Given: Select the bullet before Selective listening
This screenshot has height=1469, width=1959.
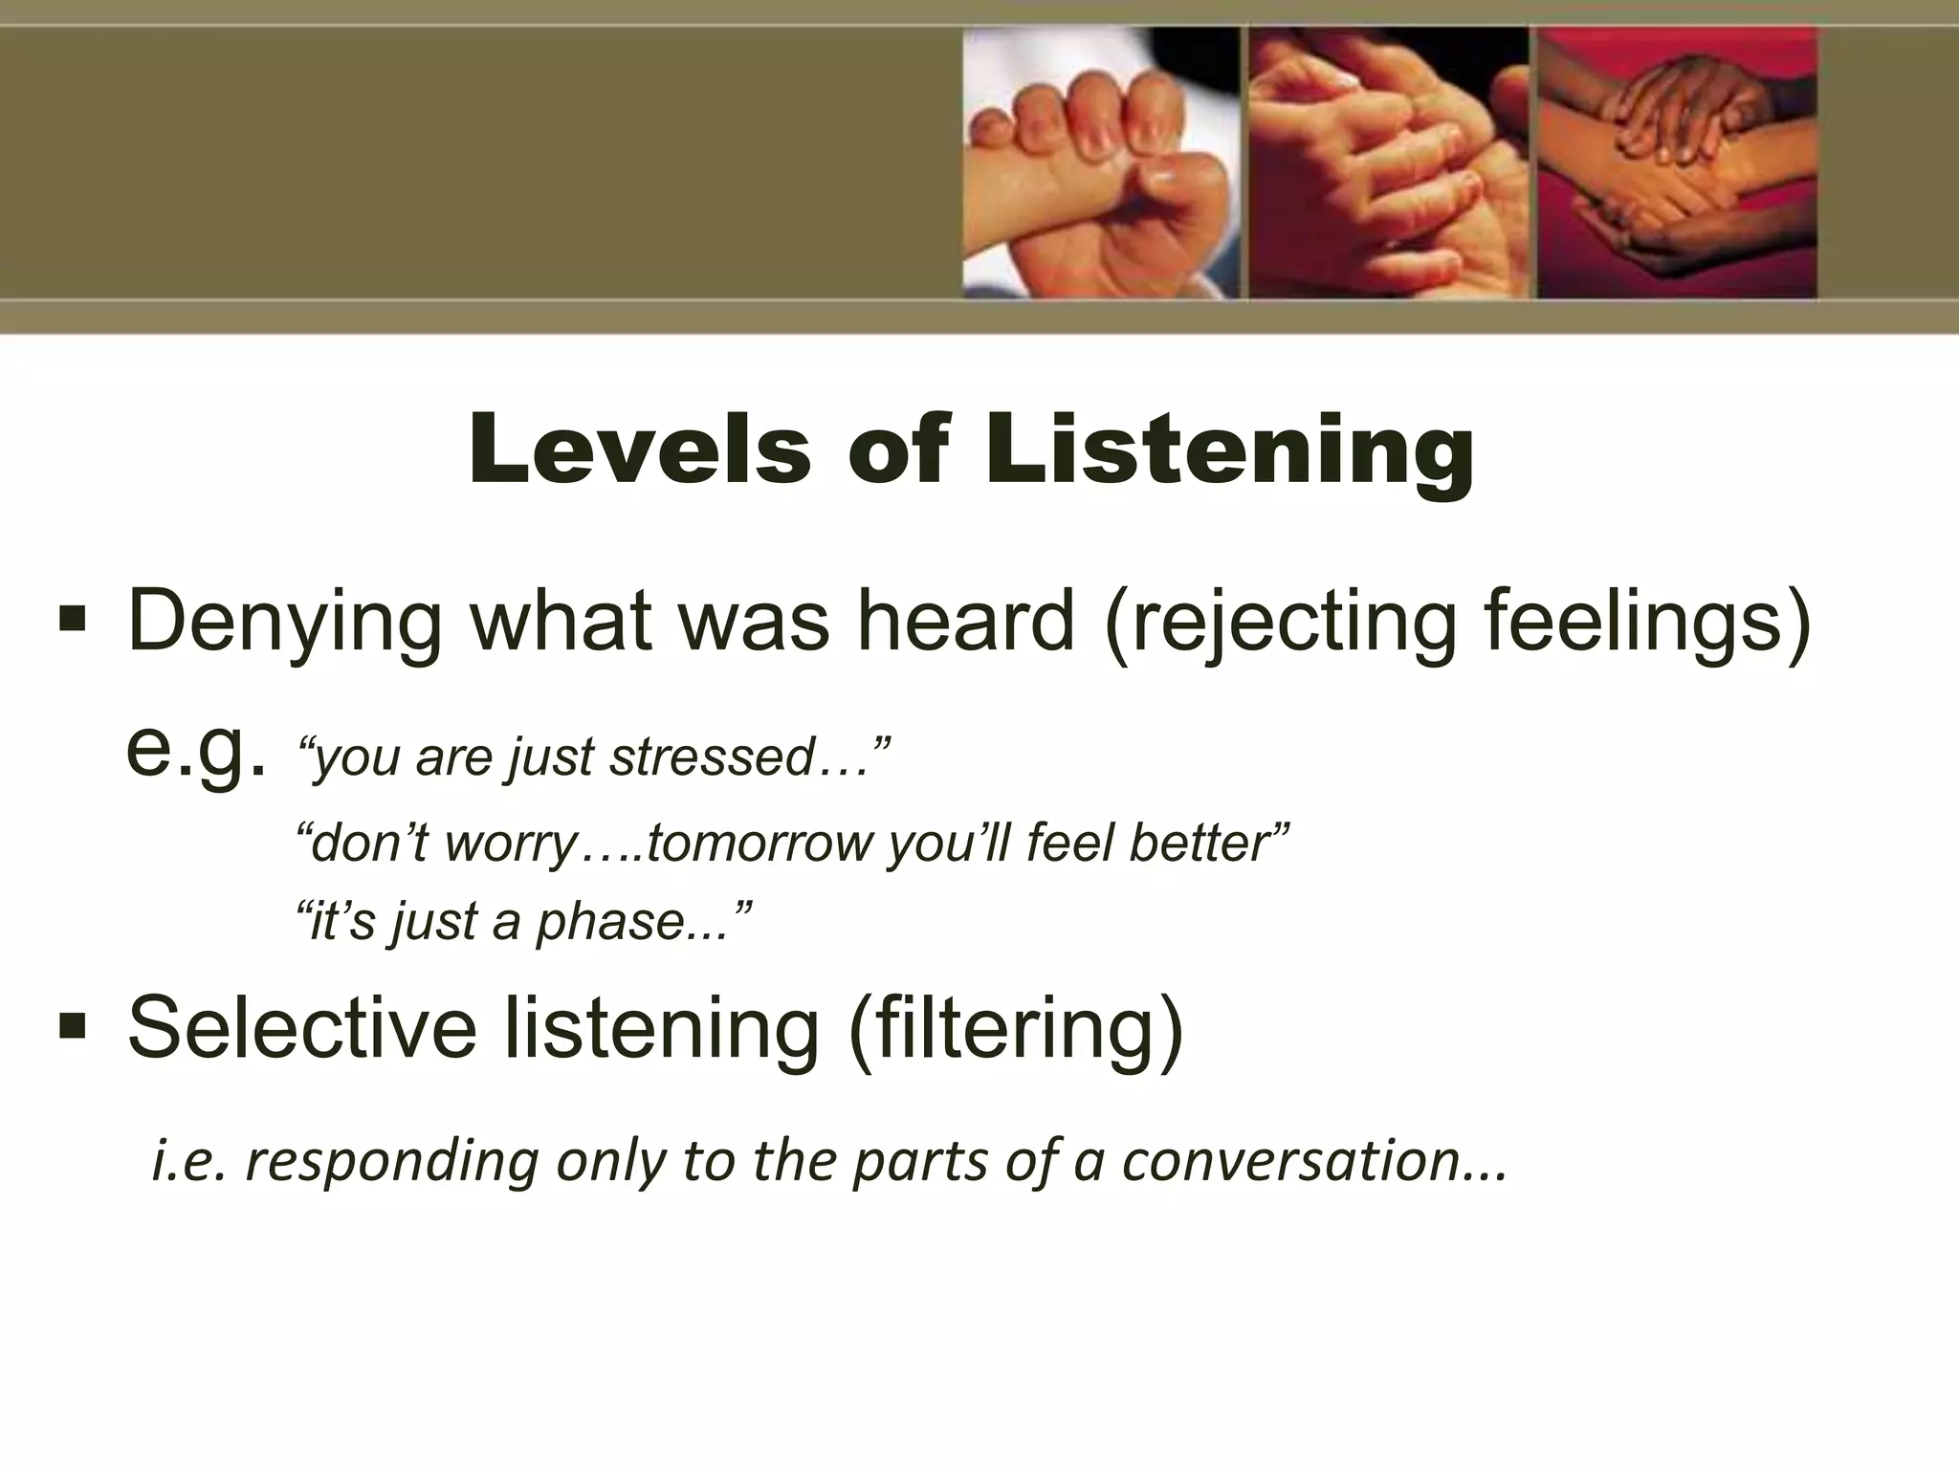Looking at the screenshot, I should (x=72, y=1026).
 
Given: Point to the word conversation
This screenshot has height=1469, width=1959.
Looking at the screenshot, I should (x=1291, y=1160).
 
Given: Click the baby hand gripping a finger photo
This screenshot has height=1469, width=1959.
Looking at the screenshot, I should (x=1100, y=163).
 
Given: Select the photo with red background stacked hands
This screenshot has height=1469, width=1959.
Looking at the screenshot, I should (x=1676, y=163).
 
